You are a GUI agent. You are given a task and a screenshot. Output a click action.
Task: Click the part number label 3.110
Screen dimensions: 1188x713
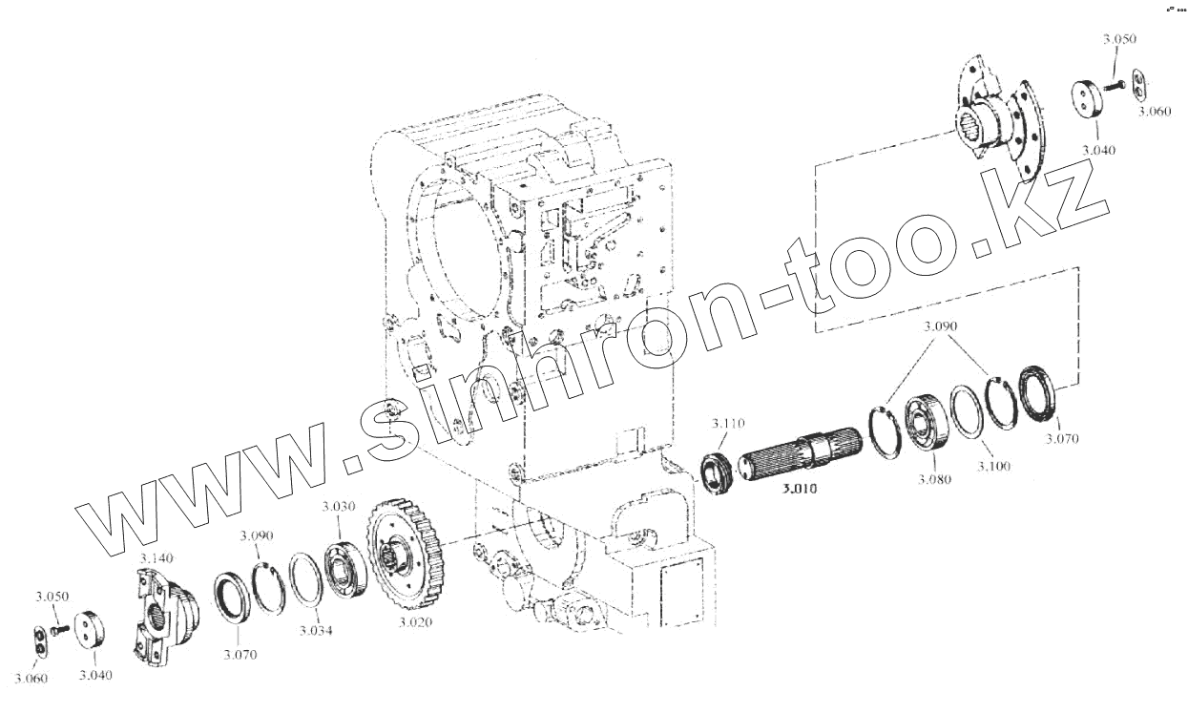tap(726, 422)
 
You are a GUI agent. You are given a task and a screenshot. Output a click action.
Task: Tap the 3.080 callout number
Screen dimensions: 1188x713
tap(935, 479)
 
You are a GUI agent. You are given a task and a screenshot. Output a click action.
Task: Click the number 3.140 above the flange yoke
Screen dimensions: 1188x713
tap(156, 556)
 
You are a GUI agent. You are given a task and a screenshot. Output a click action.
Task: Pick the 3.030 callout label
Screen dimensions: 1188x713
tap(338, 506)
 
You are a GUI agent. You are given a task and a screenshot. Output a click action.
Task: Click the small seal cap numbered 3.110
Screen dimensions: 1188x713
tap(718, 472)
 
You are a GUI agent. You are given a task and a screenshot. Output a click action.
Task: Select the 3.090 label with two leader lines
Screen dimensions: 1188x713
tap(942, 326)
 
